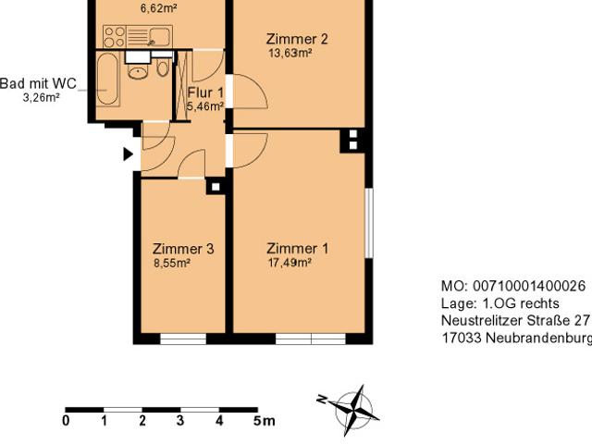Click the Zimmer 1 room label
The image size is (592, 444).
click(298, 249)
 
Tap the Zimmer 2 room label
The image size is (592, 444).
click(297, 39)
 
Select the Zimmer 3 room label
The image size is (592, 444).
click(183, 249)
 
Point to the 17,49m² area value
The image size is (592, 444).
click(290, 263)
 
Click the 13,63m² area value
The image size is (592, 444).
click(290, 53)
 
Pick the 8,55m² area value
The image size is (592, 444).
click(172, 263)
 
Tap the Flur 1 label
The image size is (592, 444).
click(205, 92)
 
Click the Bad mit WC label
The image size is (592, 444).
click(38, 83)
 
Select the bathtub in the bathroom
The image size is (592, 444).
click(108, 80)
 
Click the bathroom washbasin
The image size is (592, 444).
click(138, 71)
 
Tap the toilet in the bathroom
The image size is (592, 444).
click(163, 67)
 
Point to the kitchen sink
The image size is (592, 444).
click(159, 37)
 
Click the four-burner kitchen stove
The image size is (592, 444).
click(115, 37)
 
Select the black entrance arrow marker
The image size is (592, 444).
click(128, 154)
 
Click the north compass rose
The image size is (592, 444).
click(351, 411)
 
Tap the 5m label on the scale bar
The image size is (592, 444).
click(264, 421)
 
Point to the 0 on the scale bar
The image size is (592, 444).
click(66, 421)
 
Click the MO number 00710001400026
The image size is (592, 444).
click(528, 286)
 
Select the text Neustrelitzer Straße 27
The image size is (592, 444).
click(515, 321)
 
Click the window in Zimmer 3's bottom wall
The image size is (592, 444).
click(183, 339)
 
